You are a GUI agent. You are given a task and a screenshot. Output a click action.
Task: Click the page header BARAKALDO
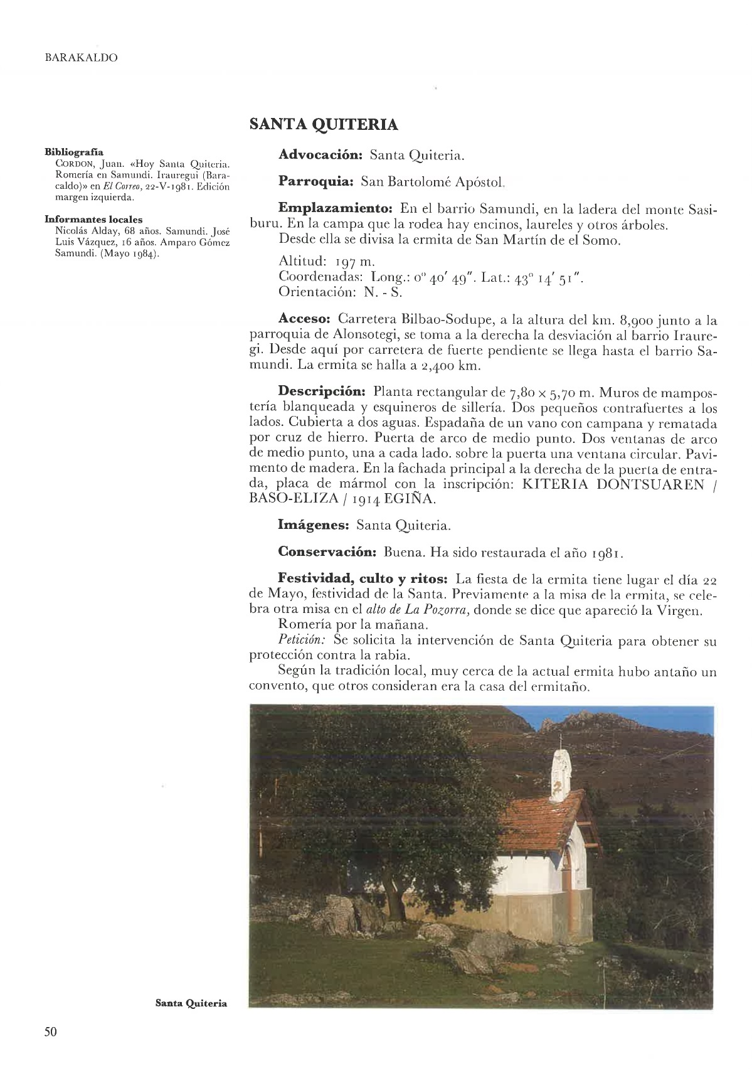pyautogui.click(x=82, y=58)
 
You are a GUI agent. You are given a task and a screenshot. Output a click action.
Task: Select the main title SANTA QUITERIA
pyautogui.click(x=323, y=124)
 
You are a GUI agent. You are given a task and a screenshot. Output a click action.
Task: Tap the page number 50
pyautogui.click(x=51, y=1031)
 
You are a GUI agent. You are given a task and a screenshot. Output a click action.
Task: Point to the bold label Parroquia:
pyautogui.click(x=317, y=181)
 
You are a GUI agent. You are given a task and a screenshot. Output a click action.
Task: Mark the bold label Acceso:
pyautogui.click(x=304, y=321)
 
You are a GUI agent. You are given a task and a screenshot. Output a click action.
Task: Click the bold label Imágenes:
pyautogui.click(x=314, y=525)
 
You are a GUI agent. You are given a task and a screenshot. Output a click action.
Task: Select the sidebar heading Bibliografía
pyautogui.click(x=74, y=152)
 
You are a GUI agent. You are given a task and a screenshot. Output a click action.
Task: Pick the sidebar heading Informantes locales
pyautogui.click(x=93, y=220)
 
